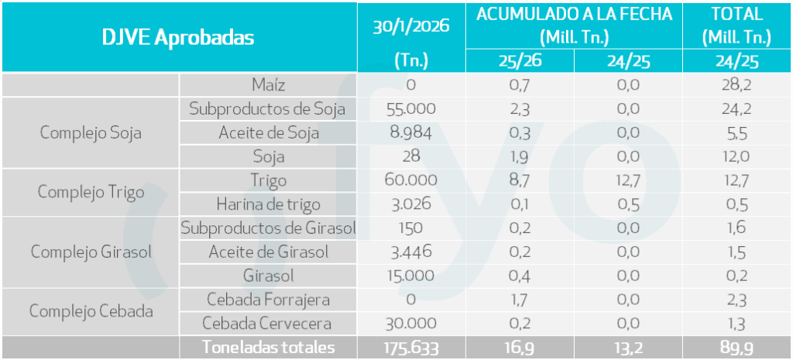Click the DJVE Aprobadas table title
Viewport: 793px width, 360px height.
(178, 38)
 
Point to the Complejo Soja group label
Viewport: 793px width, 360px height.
(91, 132)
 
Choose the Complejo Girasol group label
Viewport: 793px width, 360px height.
(91, 252)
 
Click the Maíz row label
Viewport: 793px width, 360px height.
(269, 84)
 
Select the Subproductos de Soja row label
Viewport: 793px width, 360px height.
(267, 108)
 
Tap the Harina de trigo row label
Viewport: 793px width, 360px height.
(269, 204)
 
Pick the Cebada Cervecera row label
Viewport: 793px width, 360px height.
(267, 324)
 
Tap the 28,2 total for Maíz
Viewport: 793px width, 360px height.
(736, 84)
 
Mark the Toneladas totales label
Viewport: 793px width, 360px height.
(269, 348)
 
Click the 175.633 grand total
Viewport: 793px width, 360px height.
(411, 348)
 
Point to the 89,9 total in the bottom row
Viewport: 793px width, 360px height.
(736, 348)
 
